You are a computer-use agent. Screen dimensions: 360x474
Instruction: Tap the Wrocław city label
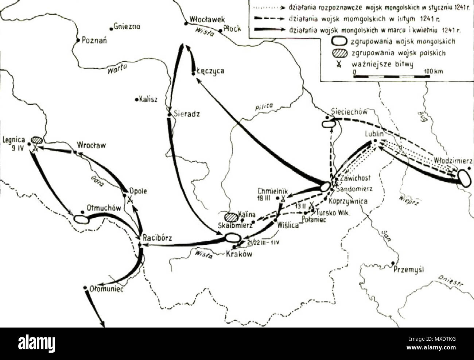pos(91,145)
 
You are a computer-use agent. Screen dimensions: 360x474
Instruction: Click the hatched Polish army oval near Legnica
pos(37,140)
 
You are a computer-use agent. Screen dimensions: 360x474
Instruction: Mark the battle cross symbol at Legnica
pos(35,147)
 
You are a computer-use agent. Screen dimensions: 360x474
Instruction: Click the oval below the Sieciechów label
pos(328,124)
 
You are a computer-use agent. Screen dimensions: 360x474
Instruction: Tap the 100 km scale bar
pos(390,76)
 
